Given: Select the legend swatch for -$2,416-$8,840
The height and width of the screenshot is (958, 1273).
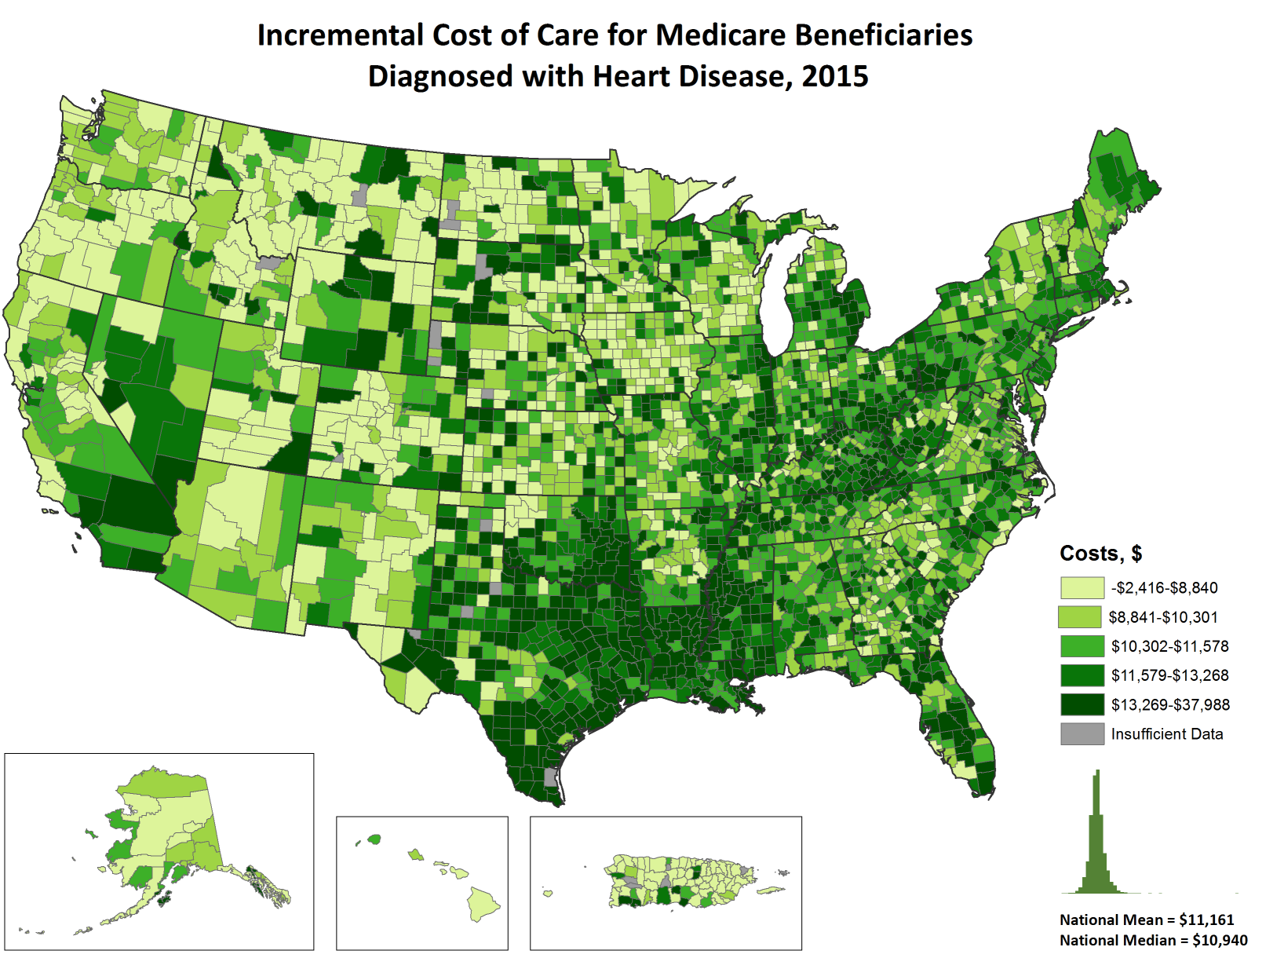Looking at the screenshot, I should click(x=1082, y=588).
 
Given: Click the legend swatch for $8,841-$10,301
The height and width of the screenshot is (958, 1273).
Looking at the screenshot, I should click(x=1080, y=617).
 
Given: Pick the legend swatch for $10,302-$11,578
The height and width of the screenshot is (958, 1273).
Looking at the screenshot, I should click(x=1082, y=646).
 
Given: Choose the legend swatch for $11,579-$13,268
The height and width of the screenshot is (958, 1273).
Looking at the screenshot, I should click(x=1082, y=675).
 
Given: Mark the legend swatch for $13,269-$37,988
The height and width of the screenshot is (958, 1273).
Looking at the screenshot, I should click(x=1082, y=704).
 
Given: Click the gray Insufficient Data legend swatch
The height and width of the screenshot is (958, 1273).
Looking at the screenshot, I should click(x=1082, y=734).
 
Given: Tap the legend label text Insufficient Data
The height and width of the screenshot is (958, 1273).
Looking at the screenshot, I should click(x=1167, y=734).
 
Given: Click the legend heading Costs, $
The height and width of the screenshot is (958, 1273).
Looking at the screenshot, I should click(x=1100, y=554).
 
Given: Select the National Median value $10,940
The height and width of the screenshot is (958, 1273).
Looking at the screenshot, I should click(x=1220, y=940).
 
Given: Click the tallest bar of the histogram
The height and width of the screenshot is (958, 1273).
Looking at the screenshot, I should click(x=1097, y=832).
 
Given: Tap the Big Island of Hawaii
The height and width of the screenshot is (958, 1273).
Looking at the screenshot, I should click(x=484, y=904).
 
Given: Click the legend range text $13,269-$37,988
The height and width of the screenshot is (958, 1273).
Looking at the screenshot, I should click(x=1170, y=705).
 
